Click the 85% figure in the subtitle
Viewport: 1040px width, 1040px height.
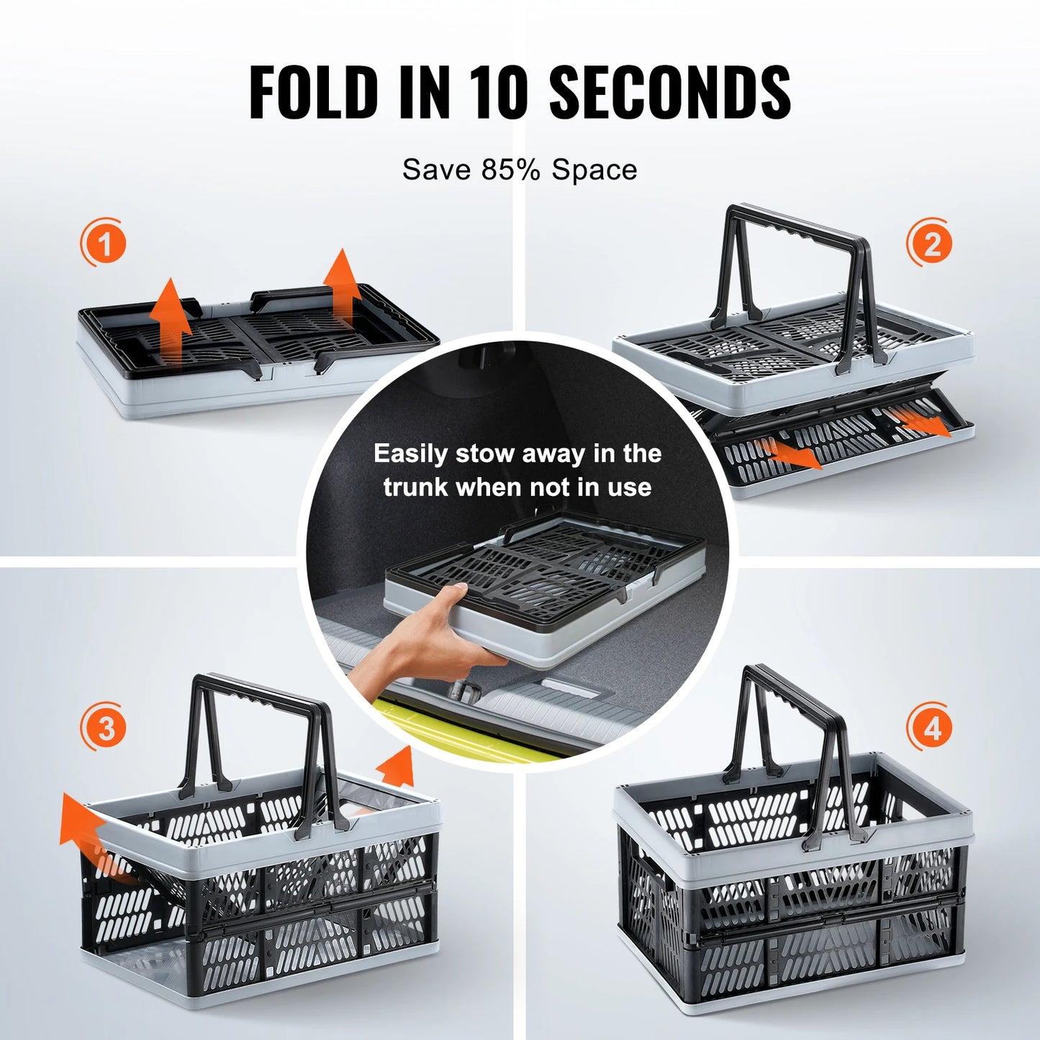(510, 170)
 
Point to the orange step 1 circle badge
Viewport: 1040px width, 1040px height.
(104, 243)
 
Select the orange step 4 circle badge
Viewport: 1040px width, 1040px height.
(931, 728)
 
